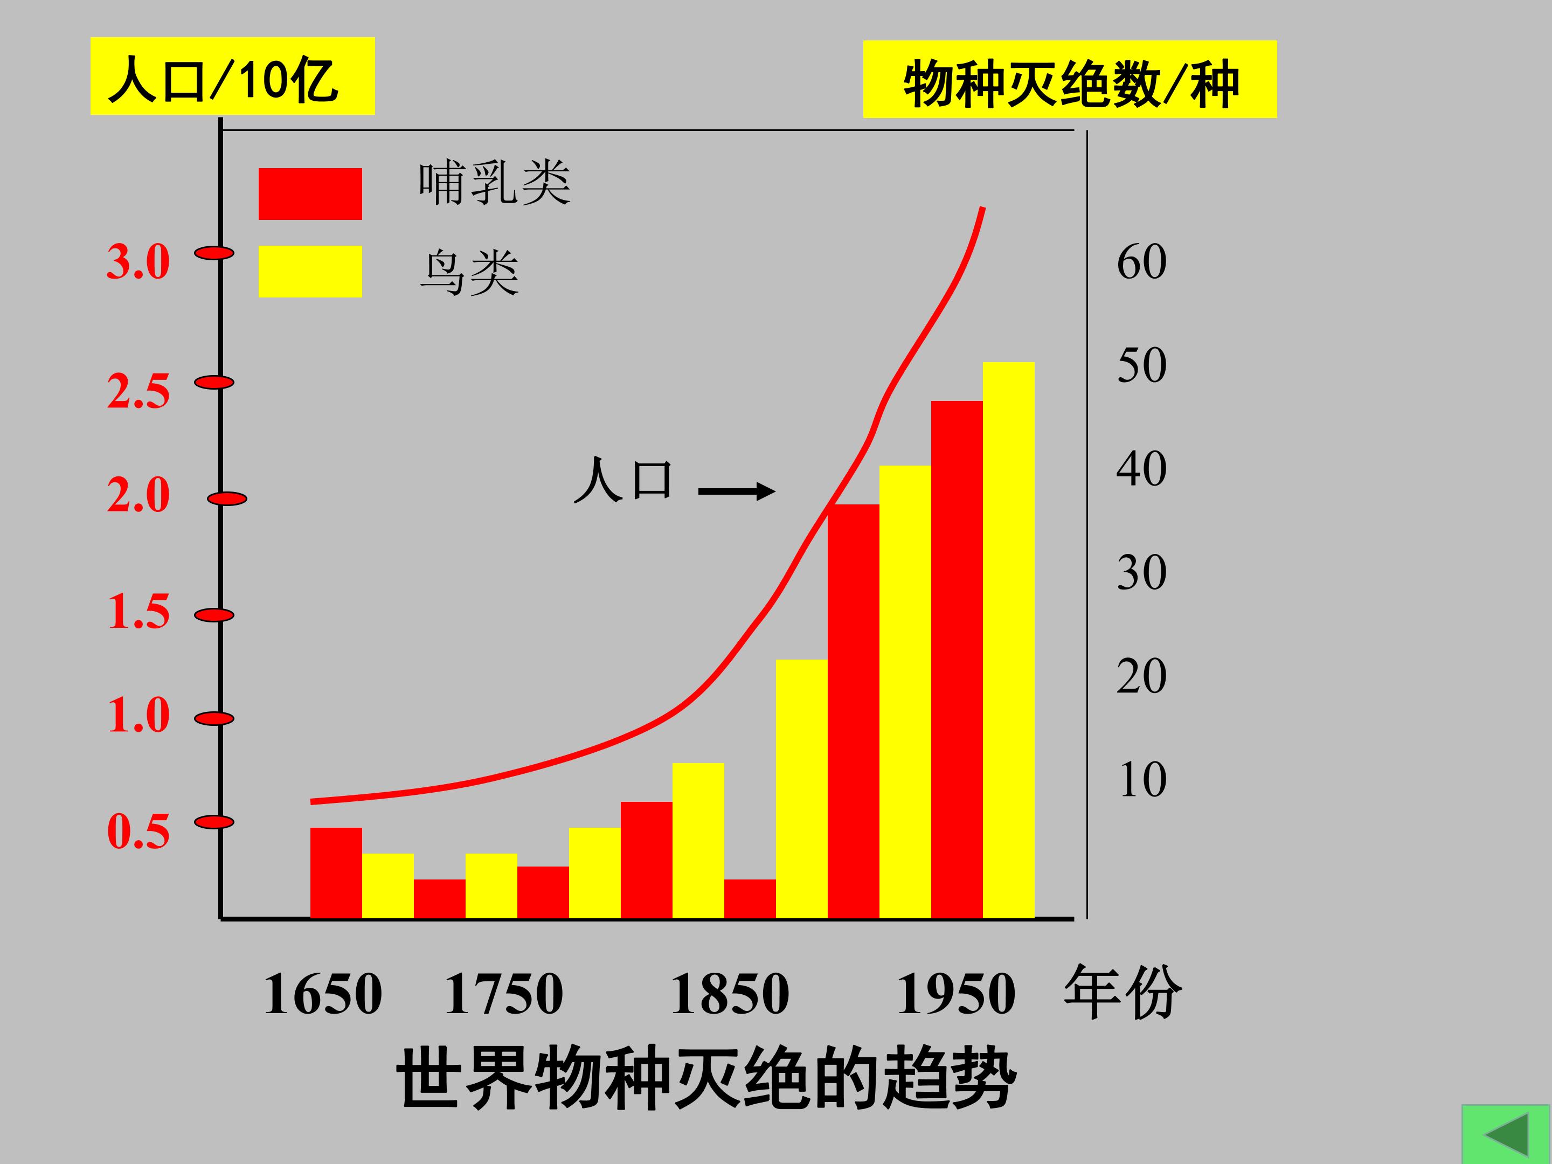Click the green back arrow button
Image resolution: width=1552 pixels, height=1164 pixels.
coord(1506,1134)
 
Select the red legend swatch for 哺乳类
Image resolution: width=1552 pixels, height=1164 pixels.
coord(310,193)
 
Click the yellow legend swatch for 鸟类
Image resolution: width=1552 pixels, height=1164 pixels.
coord(310,272)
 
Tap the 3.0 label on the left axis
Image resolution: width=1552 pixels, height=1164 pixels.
coord(138,262)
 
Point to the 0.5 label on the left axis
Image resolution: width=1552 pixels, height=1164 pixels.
coord(138,832)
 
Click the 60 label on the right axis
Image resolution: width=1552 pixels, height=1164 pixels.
coord(1141,262)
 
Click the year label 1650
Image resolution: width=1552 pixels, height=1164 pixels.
coord(323,994)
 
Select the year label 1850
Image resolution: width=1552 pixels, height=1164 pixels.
coord(730,994)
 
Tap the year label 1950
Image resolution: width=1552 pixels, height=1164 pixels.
coord(955,994)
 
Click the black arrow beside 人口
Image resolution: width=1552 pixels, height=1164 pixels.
coord(737,491)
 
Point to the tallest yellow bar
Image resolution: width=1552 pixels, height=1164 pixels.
coord(1008,639)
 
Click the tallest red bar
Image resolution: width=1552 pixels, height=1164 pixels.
coord(957,660)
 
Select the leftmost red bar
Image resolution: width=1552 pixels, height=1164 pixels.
coord(336,873)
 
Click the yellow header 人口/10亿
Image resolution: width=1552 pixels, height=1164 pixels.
coord(232,77)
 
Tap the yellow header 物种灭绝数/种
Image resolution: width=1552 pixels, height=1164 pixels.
coord(1069,79)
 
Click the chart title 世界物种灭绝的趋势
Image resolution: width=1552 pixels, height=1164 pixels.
coord(706,1078)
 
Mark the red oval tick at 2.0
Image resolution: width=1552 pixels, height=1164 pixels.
coord(227,499)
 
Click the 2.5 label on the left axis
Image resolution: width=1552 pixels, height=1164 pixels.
coord(138,392)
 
